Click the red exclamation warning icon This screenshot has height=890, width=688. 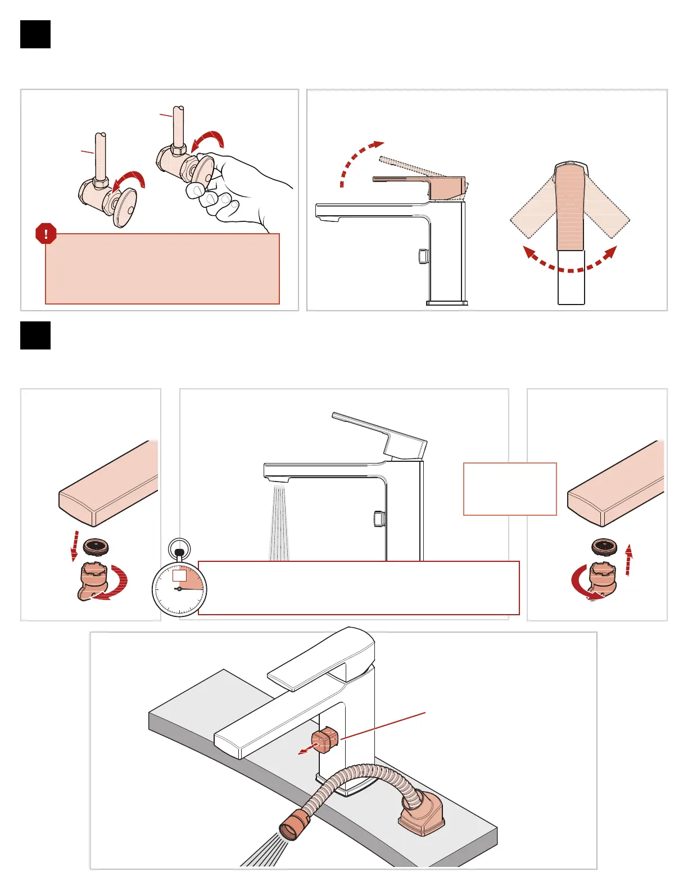[x=46, y=234]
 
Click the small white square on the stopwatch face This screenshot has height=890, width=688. [x=179, y=576]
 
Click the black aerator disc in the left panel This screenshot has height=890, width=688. [x=96, y=546]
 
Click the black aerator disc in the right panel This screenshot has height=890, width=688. [x=604, y=546]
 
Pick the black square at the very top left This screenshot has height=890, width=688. [x=35, y=34]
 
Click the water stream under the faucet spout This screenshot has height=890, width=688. [x=279, y=523]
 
